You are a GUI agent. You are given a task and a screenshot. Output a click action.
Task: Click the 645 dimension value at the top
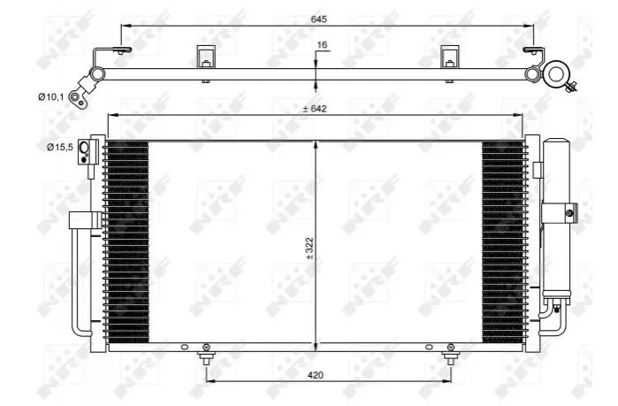(319, 19)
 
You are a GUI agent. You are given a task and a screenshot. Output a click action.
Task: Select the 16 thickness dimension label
(322, 45)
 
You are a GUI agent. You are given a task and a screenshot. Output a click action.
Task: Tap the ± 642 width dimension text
(315, 109)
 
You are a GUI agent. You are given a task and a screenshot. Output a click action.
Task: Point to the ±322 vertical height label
(309, 248)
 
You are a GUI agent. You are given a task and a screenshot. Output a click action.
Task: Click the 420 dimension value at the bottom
(316, 375)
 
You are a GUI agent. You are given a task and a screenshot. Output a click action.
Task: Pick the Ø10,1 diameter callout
(51, 96)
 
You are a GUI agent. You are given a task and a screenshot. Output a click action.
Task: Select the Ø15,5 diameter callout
(60, 148)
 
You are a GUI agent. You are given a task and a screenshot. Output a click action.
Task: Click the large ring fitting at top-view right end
(556, 73)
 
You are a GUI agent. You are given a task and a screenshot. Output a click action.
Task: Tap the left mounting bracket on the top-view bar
(206, 57)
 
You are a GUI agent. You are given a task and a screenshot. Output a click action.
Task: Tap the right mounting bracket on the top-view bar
(449, 57)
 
